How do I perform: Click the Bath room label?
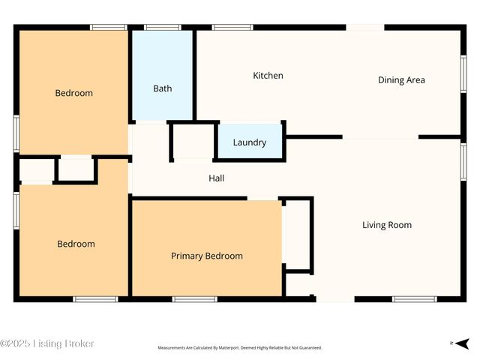point(162,88)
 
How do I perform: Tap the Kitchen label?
point(268,76)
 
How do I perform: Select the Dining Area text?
point(401,80)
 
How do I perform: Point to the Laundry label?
point(249,142)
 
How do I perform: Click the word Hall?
point(216,178)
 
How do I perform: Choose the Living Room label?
point(386,225)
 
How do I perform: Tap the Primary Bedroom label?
point(206,256)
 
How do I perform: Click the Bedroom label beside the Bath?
point(73,94)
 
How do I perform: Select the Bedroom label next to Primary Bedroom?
point(76,244)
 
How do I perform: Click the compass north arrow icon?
point(462,343)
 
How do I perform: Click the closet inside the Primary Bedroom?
point(298,234)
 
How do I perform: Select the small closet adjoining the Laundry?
point(193,141)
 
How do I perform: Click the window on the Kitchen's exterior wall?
point(232,28)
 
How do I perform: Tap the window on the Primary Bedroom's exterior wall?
point(194,299)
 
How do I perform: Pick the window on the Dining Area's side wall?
point(463,76)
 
